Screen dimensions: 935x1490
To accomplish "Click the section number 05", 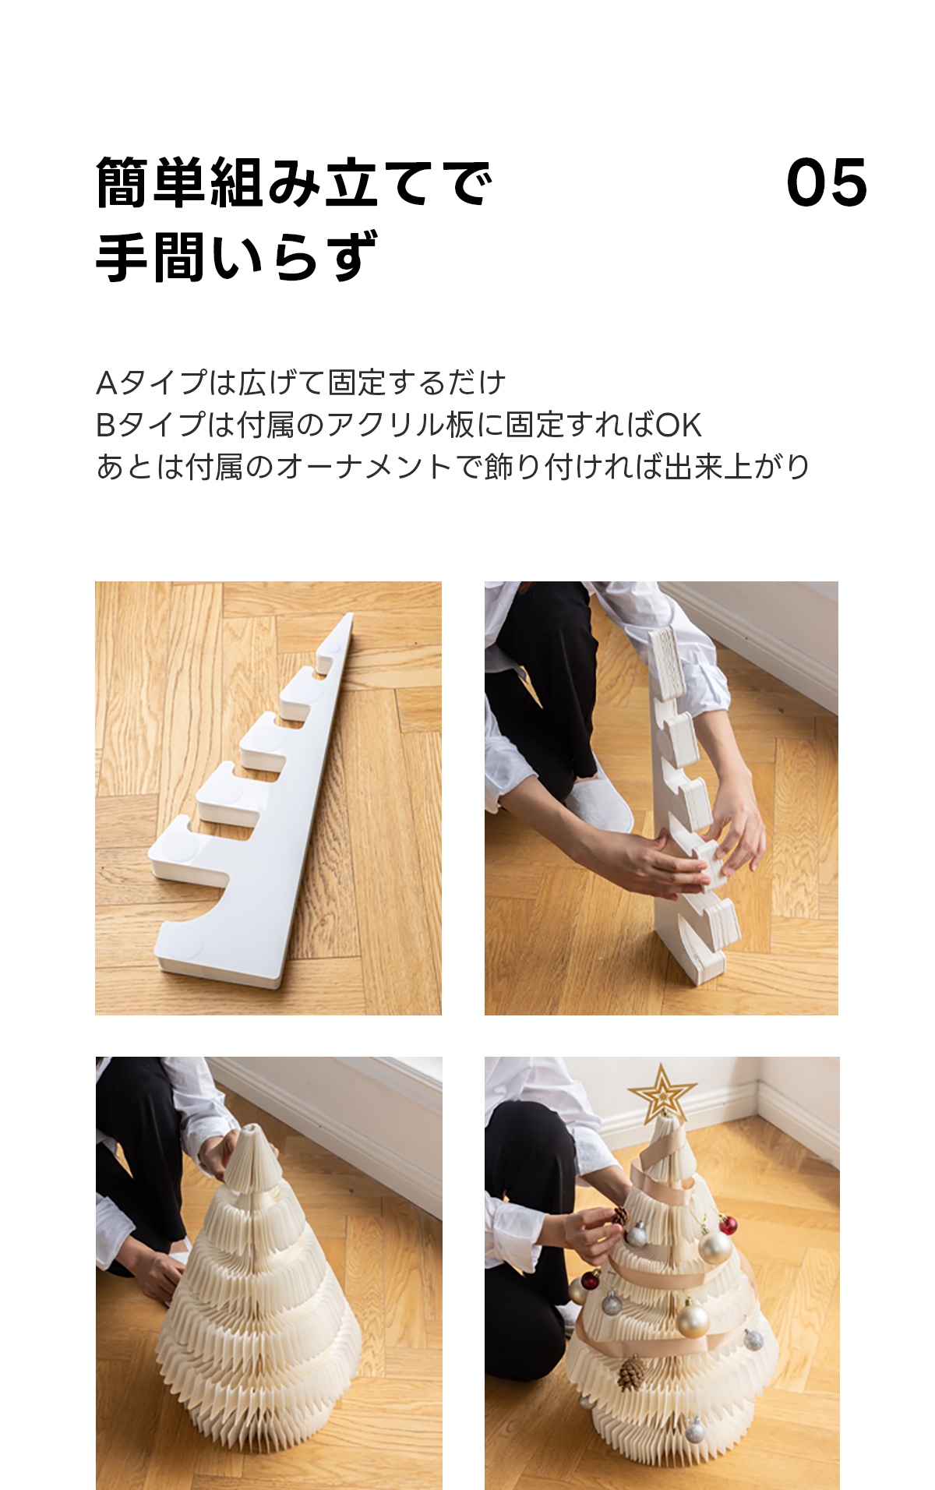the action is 827,183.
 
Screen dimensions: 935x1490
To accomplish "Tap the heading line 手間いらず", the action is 237,257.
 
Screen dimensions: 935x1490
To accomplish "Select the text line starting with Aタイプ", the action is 301,383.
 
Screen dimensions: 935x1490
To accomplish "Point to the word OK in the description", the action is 679,425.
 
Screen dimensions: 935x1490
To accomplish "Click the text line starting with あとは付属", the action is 453,467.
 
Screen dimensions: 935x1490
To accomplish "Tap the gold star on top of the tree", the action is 662,1093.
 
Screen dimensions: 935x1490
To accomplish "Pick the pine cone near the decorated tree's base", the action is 632,1373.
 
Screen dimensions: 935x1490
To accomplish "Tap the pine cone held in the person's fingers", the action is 620,1216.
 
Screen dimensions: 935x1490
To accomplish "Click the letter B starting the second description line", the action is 105,425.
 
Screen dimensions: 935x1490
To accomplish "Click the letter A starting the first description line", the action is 106,383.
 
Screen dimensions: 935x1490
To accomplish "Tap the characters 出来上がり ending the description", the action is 737,467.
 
